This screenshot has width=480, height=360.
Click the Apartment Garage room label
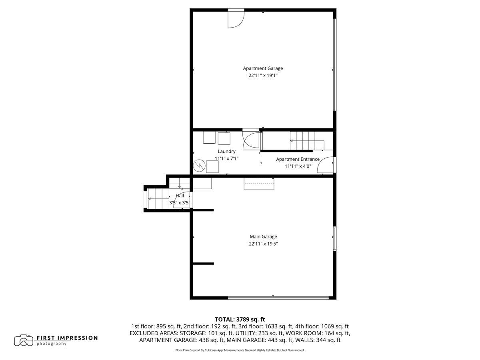pyautogui.click(x=263, y=68)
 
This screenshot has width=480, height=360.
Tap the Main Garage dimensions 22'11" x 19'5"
pyautogui.click(x=263, y=244)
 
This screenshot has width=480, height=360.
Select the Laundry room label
pyautogui.click(x=226, y=151)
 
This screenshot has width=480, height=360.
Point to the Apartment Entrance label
pyautogui.click(x=298, y=159)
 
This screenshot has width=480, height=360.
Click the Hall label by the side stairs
pyautogui.click(x=180, y=196)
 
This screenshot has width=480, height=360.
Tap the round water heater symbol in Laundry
pyautogui.click(x=199, y=166)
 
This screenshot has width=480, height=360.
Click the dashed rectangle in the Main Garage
pyautogui.click(x=259, y=184)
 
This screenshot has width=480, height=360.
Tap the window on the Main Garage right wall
pyautogui.click(x=334, y=239)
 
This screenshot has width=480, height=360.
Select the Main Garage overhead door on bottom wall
pyautogui.click(x=278, y=298)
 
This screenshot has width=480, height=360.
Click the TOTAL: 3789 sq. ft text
pyautogui.click(x=240, y=319)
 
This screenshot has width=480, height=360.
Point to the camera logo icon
pyautogui.click(x=24, y=340)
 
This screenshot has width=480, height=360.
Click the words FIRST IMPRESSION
pyautogui.click(x=67, y=338)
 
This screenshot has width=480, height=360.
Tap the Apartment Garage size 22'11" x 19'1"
pyautogui.click(x=263, y=76)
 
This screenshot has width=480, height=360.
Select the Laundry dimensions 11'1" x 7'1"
pyautogui.click(x=226, y=158)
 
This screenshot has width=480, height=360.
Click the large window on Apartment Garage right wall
pyautogui.click(x=334, y=65)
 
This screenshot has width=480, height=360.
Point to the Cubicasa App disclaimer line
pyautogui.click(x=240, y=350)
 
